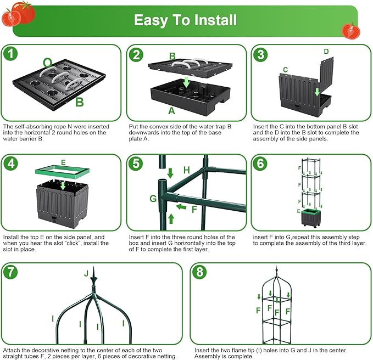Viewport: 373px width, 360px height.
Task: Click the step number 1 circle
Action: click(x=10, y=54)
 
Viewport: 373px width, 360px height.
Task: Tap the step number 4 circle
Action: click(x=10, y=163)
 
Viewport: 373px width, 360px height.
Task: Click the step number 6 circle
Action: click(x=260, y=163)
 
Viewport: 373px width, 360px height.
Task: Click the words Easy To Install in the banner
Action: click(x=186, y=20)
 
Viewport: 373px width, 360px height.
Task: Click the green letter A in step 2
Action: click(x=171, y=111)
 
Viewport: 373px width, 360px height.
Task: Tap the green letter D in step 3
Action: click(x=326, y=52)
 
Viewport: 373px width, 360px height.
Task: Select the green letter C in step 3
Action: click(x=285, y=70)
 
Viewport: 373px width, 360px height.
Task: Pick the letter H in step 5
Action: click(x=187, y=171)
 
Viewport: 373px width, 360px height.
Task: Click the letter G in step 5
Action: click(x=153, y=198)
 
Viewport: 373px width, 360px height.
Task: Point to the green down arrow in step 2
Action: click(x=186, y=82)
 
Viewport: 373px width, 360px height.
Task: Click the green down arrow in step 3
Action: click(x=317, y=91)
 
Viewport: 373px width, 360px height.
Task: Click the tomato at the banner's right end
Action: click(x=350, y=30)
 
